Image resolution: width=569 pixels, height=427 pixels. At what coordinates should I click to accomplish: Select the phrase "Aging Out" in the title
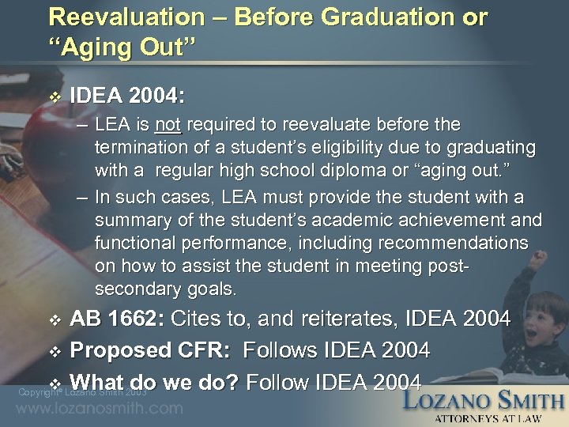pos(119,47)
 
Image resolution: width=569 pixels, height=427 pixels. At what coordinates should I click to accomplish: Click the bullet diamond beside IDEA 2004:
pos(54,97)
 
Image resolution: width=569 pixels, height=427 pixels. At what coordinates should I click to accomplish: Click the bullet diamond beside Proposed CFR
pos(54,350)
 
